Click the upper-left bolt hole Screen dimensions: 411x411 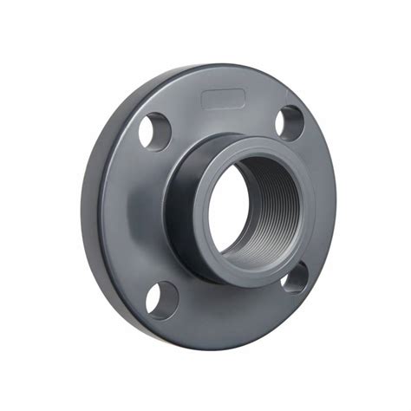point(155,130)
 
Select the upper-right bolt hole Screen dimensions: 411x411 point(290,122)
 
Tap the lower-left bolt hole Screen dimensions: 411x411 point(161,300)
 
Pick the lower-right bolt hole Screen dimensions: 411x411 point(295,278)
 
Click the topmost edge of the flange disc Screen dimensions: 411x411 point(217,65)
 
